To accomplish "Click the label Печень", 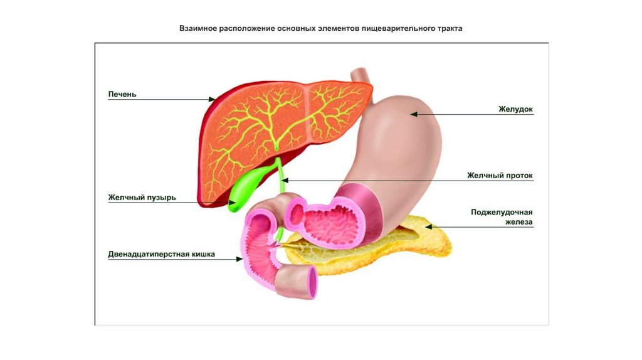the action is (x=122, y=95).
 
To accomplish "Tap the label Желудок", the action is (x=515, y=109).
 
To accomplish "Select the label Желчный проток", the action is (x=500, y=176).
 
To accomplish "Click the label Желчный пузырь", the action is (x=142, y=198).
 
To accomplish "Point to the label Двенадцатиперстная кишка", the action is (x=162, y=255).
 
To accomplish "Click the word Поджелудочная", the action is (x=502, y=212).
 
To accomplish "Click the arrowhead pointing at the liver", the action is (x=211, y=99).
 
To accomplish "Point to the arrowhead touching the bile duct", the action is (x=285, y=181).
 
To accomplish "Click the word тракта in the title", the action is (x=450, y=29).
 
